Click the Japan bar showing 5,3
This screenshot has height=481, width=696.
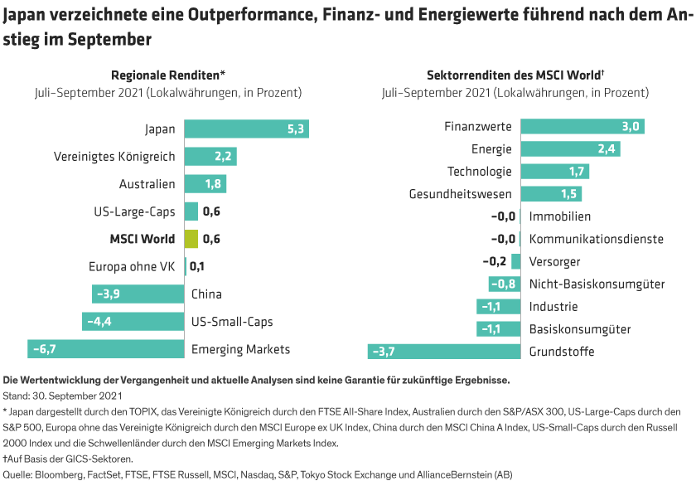pyautogui.click(x=246, y=129)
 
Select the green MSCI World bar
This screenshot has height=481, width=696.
pyautogui.click(x=191, y=239)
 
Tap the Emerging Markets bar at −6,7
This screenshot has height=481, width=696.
pyautogui.click(x=105, y=349)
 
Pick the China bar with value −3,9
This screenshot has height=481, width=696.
pyautogui.click(x=138, y=294)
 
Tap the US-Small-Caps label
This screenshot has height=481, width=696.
pyautogui.click(x=232, y=322)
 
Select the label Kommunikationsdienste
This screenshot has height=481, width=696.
pyautogui.click(x=597, y=239)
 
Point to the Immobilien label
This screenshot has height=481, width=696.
pyautogui.click(x=559, y=216)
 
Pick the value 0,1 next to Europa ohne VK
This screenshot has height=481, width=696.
pyautogui.click(x=197, y=266)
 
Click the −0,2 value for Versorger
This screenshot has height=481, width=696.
pyautogui.click(x=495, y=261)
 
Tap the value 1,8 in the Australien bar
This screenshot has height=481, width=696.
pyautogui.click(x=213, y=184)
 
